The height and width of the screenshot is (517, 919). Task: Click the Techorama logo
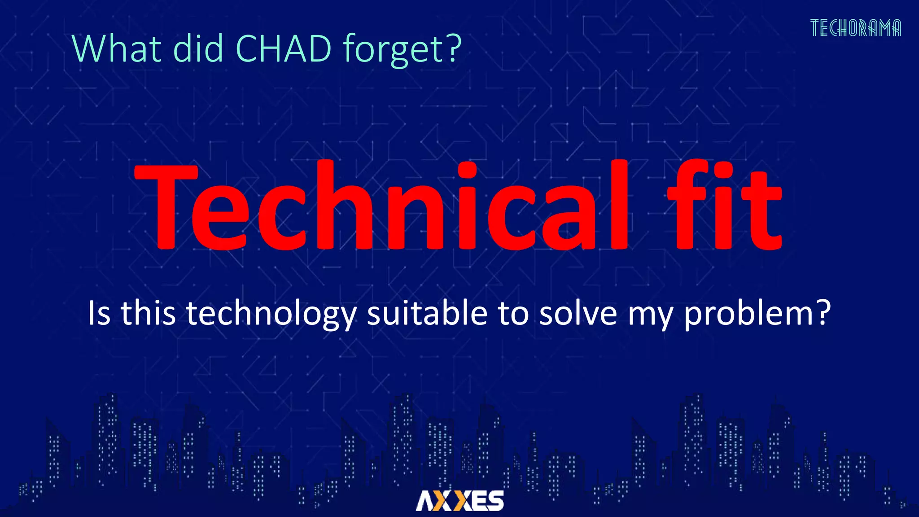[855, 28]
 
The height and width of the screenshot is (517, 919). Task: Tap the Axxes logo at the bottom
[459, 500]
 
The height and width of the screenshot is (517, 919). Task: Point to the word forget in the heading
[395, 50]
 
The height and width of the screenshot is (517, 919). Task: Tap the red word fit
[725, 206]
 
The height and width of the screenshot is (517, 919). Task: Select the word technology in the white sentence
[271, 313]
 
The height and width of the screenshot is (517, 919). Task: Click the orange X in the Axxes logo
[462, 500]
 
